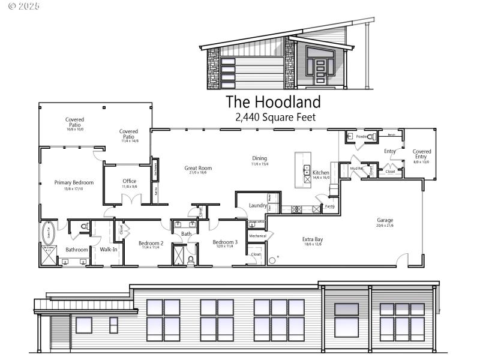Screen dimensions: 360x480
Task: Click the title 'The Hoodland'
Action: coord(273,102)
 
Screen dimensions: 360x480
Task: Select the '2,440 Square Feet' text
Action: coord(275,118)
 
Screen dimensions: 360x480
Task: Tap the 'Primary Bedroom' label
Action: coord(74,182)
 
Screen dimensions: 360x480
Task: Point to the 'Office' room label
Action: coord(129,181)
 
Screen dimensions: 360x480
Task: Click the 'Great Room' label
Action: coord(198,168)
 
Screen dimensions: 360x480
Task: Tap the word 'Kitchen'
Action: coord(321,172)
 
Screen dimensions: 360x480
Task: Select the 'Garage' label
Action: coord(385,220)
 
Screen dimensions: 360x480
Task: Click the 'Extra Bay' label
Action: coord(313,239)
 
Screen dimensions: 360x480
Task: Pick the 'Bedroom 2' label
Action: coord(151,243)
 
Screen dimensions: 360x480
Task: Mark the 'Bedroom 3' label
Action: coord(225,242)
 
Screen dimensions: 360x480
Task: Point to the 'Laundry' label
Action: coord(258,206)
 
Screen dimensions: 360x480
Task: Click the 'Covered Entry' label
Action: coord(422,154)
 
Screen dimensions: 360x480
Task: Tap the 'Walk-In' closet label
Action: coord(109,249)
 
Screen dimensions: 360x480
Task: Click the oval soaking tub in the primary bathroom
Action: coord(48,231)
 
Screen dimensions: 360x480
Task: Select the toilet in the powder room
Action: coord(371,137)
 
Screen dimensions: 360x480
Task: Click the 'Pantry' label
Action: coord(329,206)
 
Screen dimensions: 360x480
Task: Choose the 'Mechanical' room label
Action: coord(257,236)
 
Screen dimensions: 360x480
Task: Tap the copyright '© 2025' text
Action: coord(24,6)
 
